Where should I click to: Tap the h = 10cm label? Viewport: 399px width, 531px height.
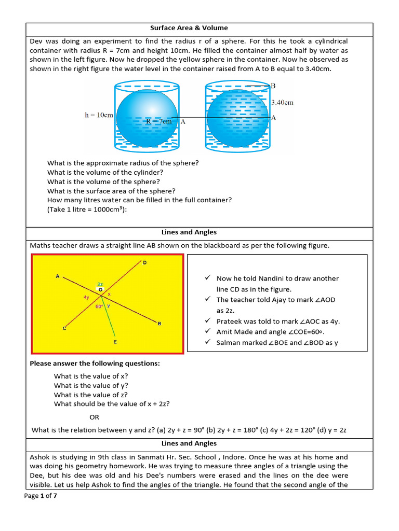99,115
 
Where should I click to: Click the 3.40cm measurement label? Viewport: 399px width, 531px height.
282,102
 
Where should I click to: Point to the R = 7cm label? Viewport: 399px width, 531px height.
158,121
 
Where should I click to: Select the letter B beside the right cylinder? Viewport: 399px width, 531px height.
273,86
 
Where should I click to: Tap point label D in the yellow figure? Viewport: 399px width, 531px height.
145,263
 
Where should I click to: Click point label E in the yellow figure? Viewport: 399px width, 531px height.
115,342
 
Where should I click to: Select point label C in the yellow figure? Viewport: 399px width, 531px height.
64,328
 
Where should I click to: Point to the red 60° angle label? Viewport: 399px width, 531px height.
99,306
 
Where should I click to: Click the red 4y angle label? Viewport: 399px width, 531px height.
86,298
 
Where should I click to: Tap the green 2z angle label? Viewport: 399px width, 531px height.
100,284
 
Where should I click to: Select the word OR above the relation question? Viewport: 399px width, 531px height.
94,417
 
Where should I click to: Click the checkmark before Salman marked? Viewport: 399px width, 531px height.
207,342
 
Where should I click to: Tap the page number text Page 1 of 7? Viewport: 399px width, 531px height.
41,496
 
